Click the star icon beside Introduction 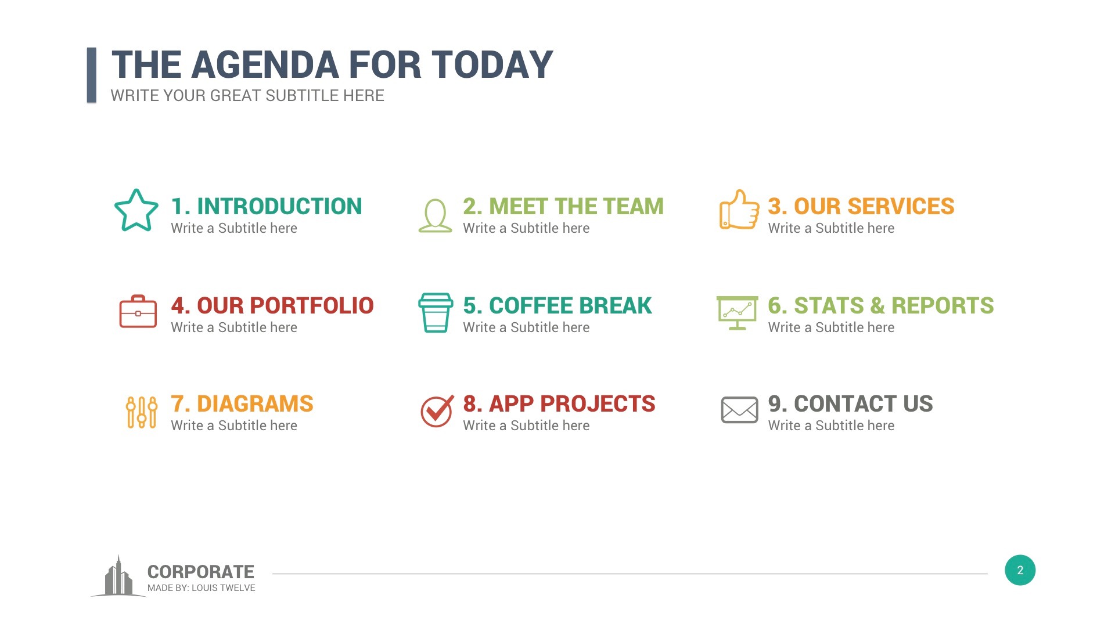pyautogui.click(x=136, y=211)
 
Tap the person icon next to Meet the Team pyautogui.click(x=435, y=215)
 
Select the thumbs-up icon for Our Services pyautogui.click(x=739, y=210)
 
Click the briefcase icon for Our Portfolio pyautogui.click(x=138, y=312)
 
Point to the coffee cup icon pyautogui.click(x=436, y=312)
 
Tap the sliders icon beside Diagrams pyautogui.click(x=142, y=412)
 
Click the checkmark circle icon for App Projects pyautogui.click(x=436, y=411)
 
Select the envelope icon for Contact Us pyautogui.click(x=739, y=410)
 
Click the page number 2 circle pyautogui.click(x=1020, y=570)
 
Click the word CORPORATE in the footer pyautogui.click(x=200, y=572)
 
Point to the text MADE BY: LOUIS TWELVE pyautogui.click(x=201, y=588)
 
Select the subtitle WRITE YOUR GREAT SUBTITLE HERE pyautogui.click(x=247, y=96)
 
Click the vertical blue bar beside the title pyautogui.click(x=91, y=75)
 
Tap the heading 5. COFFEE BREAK pyautogui.click(x=557, y=305)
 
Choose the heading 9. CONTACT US pyautogui.click(x=850, y=403)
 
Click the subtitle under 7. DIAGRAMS pyautogui.click(x=233, y=426)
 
